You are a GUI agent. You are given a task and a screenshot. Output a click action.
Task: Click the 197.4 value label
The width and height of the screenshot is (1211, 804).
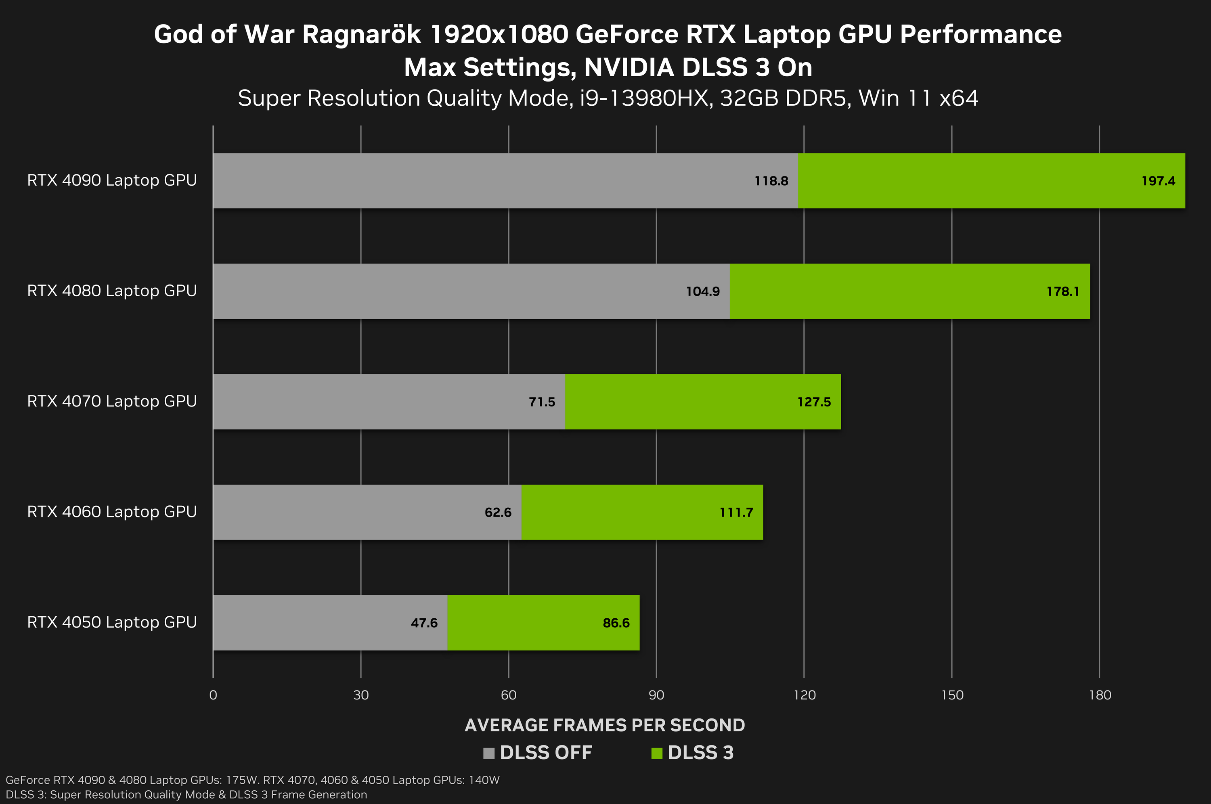(x=1158, y=181)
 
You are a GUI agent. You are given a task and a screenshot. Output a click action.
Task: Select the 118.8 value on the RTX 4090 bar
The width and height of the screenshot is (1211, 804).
(x=771, y=181)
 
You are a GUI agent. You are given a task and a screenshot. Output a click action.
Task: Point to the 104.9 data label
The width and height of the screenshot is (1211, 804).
(x=703, y=292)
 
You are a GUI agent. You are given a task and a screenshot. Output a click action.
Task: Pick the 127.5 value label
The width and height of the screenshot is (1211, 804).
(x=814, y=402)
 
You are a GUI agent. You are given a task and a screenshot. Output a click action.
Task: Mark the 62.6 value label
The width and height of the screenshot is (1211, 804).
(x=498, y=512)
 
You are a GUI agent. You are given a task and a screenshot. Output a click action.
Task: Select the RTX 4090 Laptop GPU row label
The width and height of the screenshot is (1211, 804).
(x=112, y=180)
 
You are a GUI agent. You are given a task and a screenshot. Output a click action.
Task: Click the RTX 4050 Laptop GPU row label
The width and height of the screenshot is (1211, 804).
(x=112, y=622)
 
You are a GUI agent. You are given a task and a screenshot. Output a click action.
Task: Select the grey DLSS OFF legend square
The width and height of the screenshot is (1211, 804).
(x=488, y=753)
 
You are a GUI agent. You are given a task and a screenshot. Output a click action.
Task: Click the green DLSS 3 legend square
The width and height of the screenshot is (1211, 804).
(x=657, y=753)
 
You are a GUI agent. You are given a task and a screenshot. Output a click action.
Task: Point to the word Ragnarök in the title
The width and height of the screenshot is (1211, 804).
(x=361, y=35)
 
